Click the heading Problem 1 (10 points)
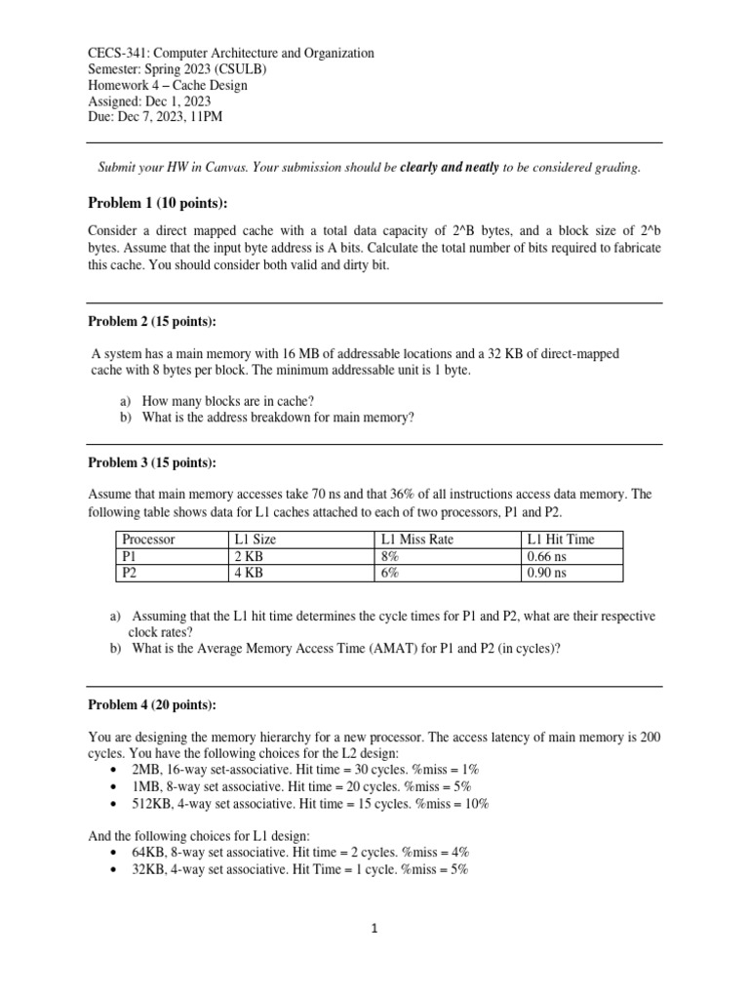(x=157, y=202)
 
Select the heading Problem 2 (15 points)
(x=152, y=322)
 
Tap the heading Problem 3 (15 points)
(x=152, y=462)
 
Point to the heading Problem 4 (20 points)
(x=152, y=704)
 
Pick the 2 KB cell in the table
(x=250, y=556)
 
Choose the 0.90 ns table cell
(x=546, y=574)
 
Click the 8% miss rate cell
(x=389, y=556)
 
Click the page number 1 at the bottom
(x=374, y=930)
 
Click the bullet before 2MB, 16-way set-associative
(x=117, y=770)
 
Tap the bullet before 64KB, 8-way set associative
(x=117, y=852)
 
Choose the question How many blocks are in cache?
(x=228, y=400)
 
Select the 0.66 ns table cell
(x=546, y=556)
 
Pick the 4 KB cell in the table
(x=250, y=574)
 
